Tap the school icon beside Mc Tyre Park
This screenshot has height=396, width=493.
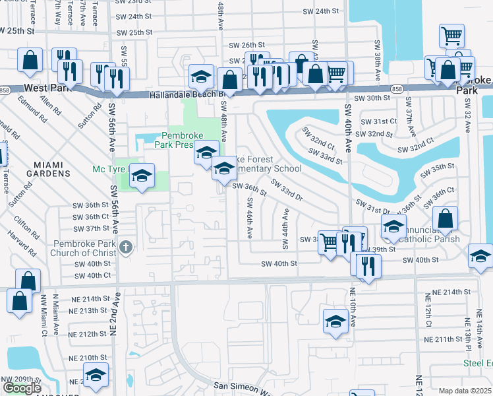tap(142, 176)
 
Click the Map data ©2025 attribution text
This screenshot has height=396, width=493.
tap(465, 391)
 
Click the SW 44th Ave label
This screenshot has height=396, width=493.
tap(286, 229)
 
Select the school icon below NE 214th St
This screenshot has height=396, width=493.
tap(335, 321)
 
